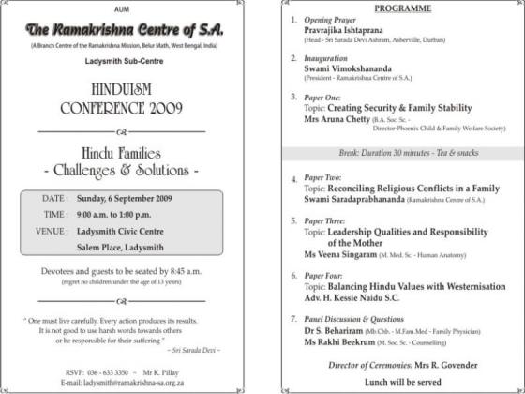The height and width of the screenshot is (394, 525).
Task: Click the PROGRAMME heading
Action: (x=403, y=8)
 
